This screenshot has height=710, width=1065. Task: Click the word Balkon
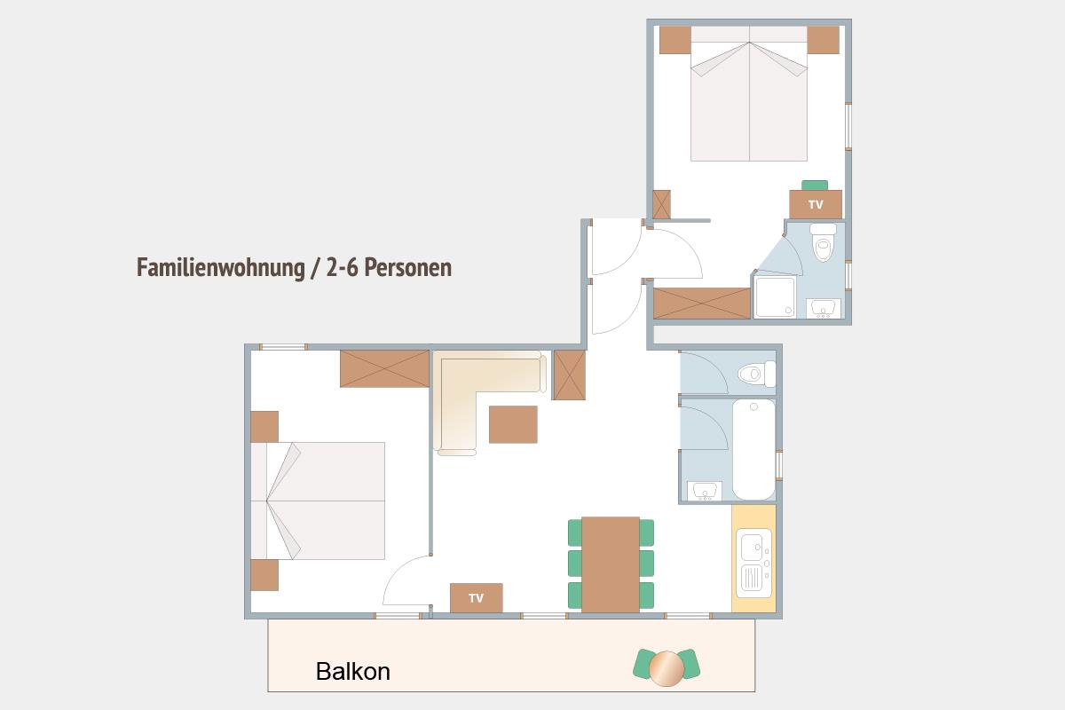pos(353,672)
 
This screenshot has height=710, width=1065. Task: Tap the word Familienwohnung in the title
pos(221,268)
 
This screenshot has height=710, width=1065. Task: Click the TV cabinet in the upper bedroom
pos(816,204)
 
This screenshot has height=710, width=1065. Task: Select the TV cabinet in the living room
pos(476,598)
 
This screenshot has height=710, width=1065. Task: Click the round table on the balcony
pos(667,668)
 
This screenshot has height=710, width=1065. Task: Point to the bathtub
pos(753,449)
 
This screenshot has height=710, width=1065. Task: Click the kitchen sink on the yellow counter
pos(753,563)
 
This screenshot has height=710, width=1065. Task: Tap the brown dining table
pos(611,564)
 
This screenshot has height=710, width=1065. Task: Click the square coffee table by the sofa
pos(513,424)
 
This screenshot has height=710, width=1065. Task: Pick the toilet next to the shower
pos(824,242)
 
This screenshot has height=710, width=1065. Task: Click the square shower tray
pos(775,297)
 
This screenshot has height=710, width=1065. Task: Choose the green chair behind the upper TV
pos(815,185)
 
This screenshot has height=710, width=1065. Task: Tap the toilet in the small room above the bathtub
pos(757,374)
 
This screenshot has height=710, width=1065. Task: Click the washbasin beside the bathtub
pos(704,492)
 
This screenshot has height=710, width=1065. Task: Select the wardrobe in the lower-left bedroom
pos(384,369)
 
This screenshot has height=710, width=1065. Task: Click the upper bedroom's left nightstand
pos(675,40)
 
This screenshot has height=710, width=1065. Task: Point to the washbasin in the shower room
pos(824,309)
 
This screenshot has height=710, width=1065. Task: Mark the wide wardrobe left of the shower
pos(702,304)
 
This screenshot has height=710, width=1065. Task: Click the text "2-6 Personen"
pos(389,268)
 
